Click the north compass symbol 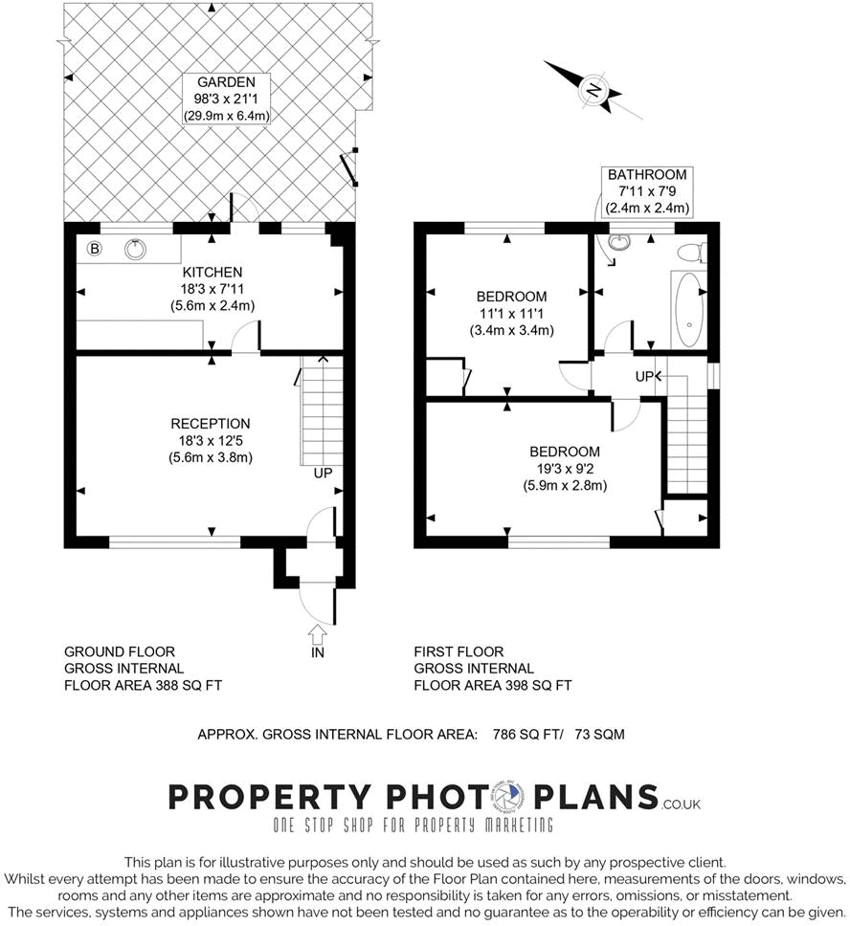593,90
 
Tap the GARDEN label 227,82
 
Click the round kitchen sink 136,250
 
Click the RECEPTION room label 210,424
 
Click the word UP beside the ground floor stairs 322,473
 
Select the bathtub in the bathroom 686,310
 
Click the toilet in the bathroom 689,253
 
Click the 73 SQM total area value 599,735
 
